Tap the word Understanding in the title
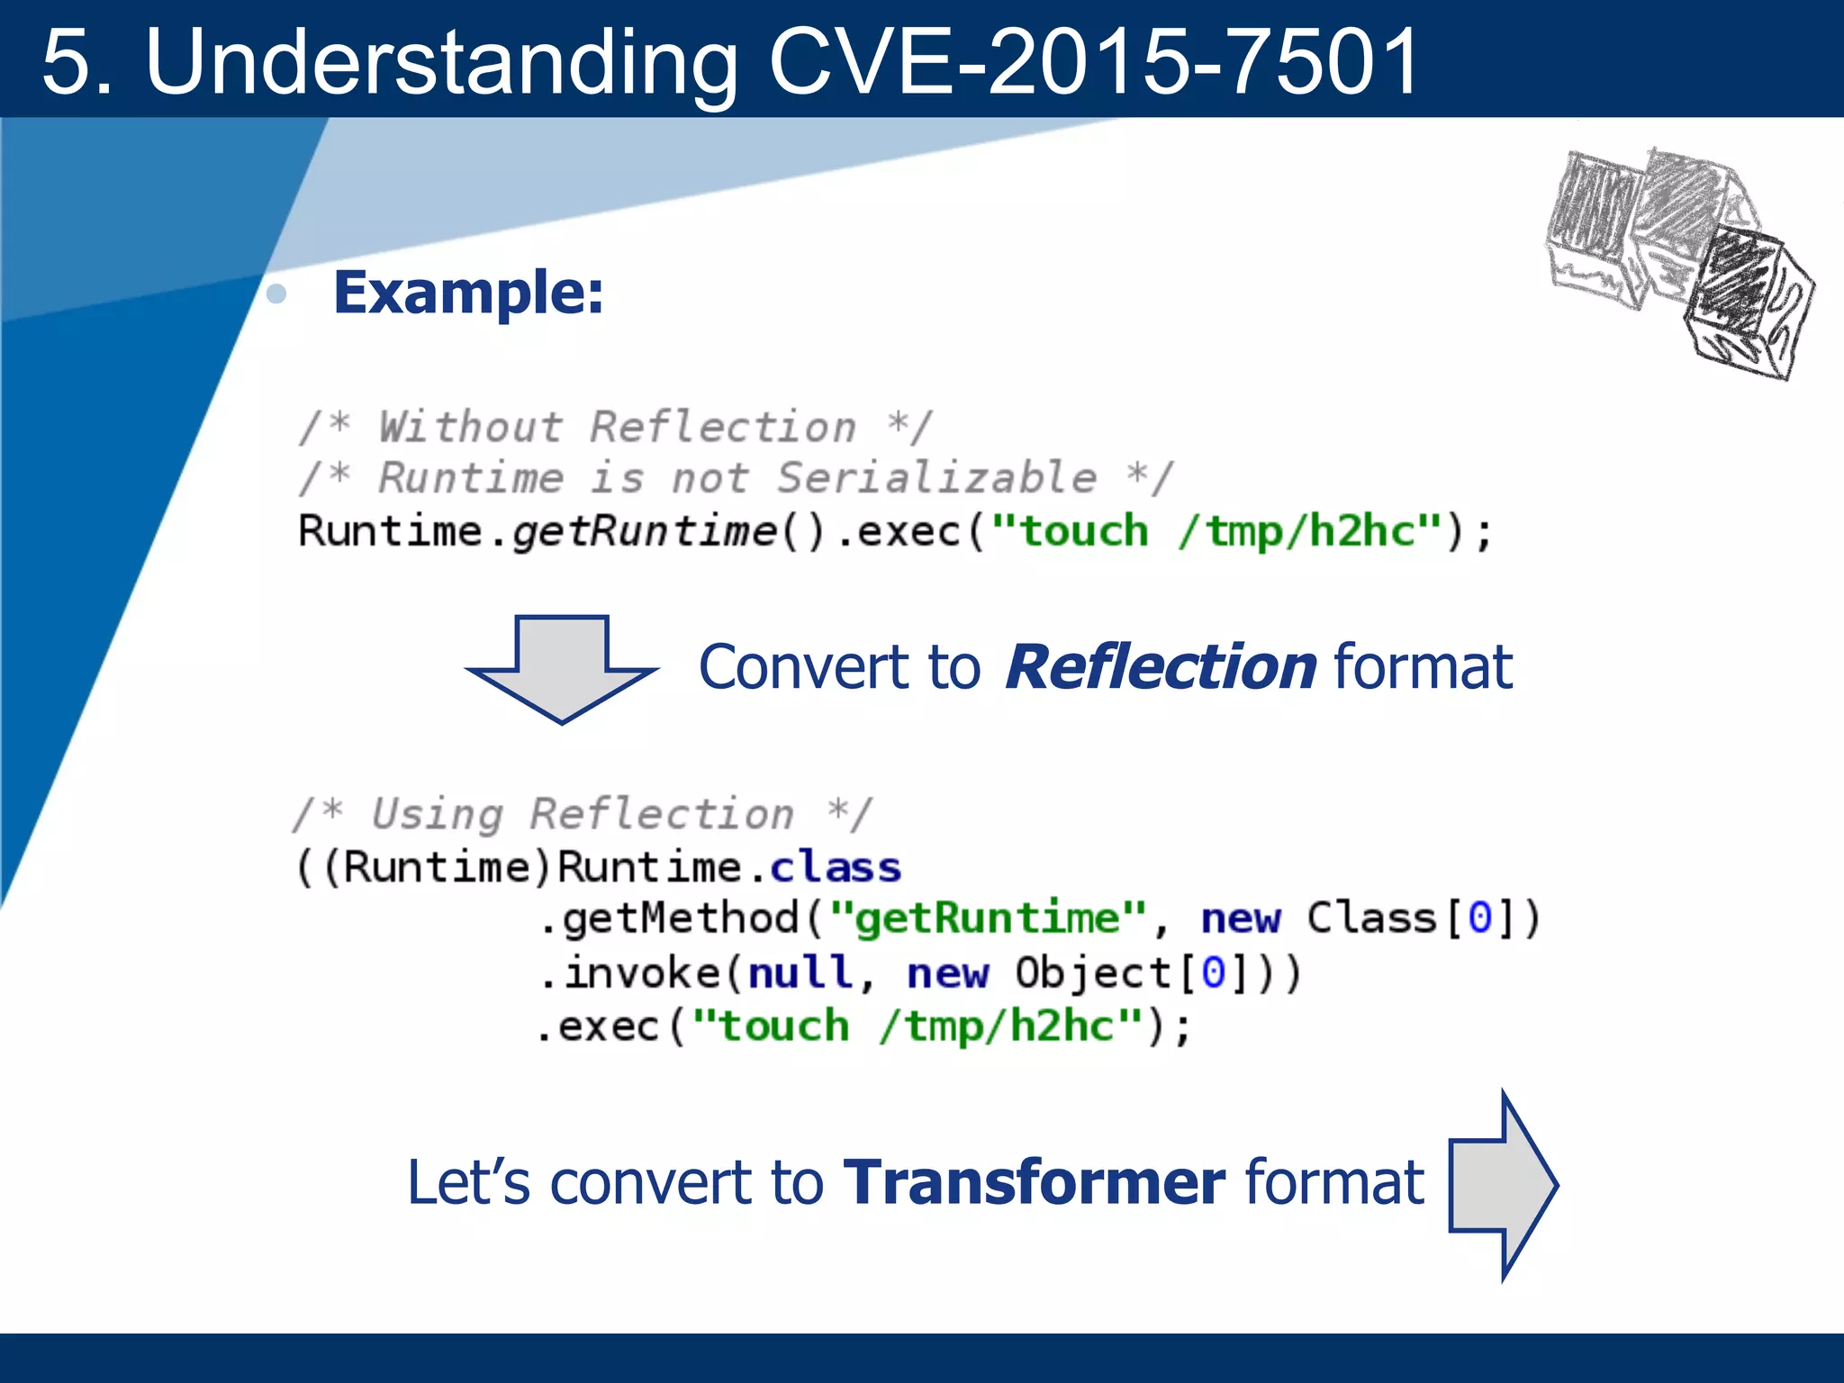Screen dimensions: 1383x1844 click(x=441, y=63)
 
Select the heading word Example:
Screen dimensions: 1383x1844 click(x=468, y=293)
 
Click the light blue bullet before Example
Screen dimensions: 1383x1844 click(x=277, y=294)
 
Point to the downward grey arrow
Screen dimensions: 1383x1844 click(x=563, y=671)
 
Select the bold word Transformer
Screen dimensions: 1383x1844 click(x=1034, y=1182)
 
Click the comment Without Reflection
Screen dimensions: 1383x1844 click(x=617, y=427)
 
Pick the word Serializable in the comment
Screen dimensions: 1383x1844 click(x=936, y=478)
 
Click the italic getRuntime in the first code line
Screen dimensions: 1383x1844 click(x=644, y=531)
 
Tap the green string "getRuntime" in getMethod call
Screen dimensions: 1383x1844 click(x=988, y=919)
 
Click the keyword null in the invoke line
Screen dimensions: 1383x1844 click(x=800, y=973)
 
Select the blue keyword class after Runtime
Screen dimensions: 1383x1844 click(x=836, y=868)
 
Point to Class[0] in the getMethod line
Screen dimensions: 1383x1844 click(x=1423, y=919)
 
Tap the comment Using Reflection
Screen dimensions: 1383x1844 click(x=583, y=814)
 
